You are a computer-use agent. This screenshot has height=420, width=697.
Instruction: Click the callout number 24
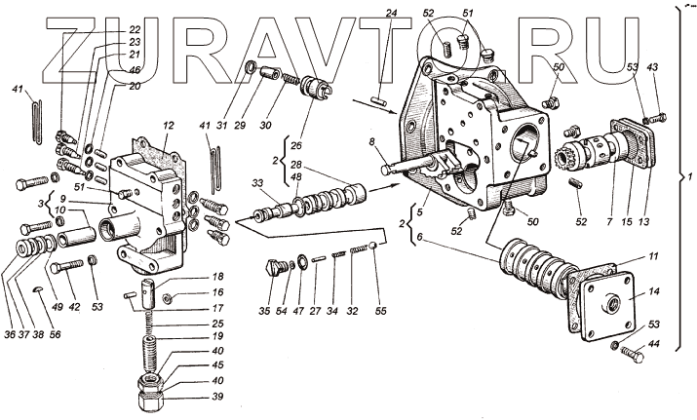[390, 14]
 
